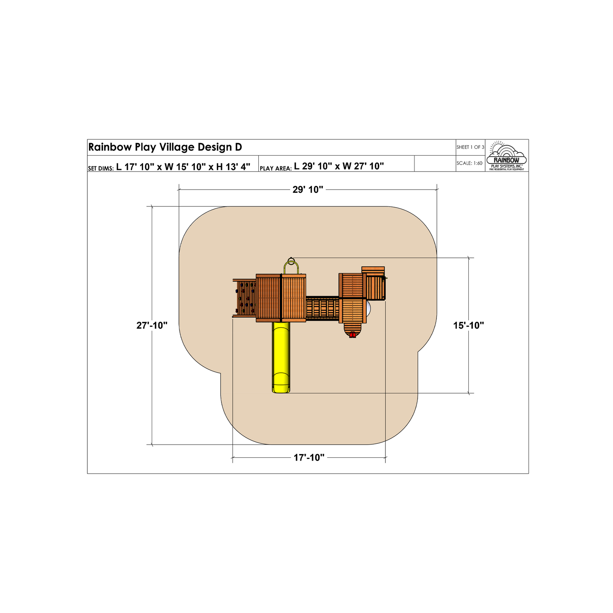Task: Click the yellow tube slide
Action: pyautogui.click(x=281, y=357)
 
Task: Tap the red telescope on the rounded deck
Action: pyautogui.click(x=352, y=336)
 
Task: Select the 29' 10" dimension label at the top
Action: pyautogui.click(x=308, y=190)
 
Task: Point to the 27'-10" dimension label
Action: pyautogui.click(x=152, y=325)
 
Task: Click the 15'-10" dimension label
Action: pyautogui.click(x=468, y=325)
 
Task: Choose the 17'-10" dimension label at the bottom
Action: pyautogui.click(x=309, y=458)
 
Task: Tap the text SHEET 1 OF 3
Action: pyautogui.click(x=470, y=147)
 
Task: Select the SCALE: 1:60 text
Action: pyautogui.click(x=470, y=163)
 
